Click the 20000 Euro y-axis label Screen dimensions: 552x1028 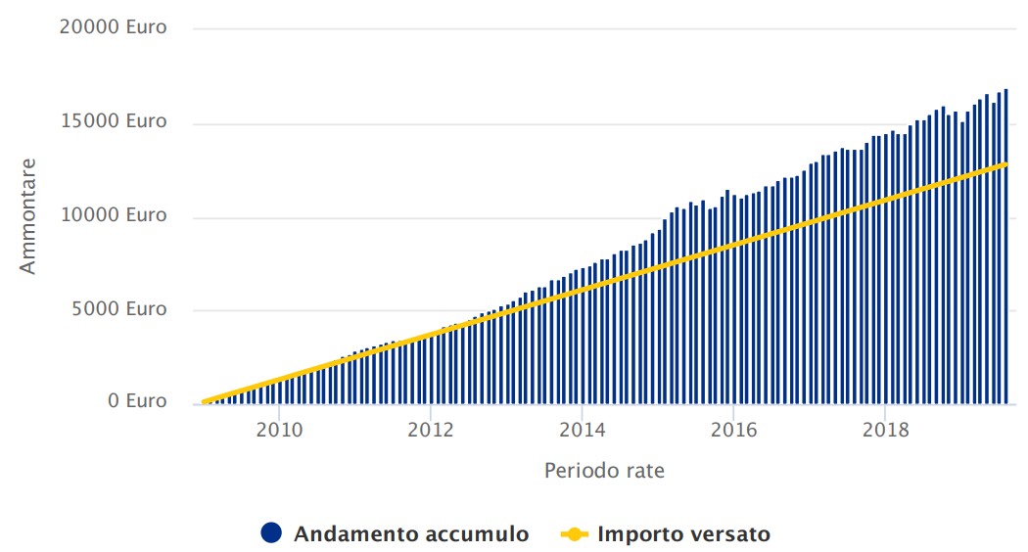click(113, 27)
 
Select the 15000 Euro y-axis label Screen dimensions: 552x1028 click(113, 121)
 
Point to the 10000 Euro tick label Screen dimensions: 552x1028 click(113, 215)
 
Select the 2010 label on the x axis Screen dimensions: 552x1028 click(279, 431)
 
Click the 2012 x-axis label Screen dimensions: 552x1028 click(431, 431)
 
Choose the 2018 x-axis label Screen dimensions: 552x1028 click(885, 431)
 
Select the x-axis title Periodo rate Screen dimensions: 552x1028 click(604, 471)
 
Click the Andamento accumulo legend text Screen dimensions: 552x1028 click(411, 534)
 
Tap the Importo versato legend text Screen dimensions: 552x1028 click(683, 534)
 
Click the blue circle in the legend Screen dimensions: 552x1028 click(272, 533)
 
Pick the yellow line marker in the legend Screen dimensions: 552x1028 click(574, 534)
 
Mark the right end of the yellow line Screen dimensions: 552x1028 click(1005, 164)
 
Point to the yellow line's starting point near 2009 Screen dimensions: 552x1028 click(204, 401)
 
